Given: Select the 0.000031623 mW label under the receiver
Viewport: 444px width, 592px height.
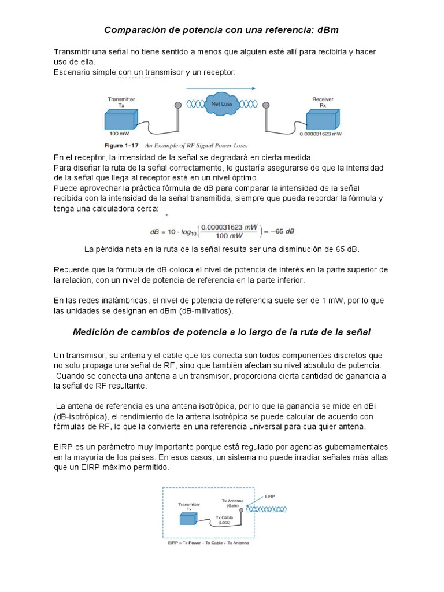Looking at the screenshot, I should pos(321,134).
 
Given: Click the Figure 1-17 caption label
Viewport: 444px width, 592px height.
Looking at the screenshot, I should pos(121,145).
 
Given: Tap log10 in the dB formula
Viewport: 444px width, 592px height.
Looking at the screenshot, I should pos(186,232).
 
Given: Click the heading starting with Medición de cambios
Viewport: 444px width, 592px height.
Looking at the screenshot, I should pos(221,332).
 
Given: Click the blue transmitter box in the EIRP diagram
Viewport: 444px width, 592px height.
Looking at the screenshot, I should pos(188,519).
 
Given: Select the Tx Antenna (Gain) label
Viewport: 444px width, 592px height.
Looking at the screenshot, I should pos(233,502).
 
